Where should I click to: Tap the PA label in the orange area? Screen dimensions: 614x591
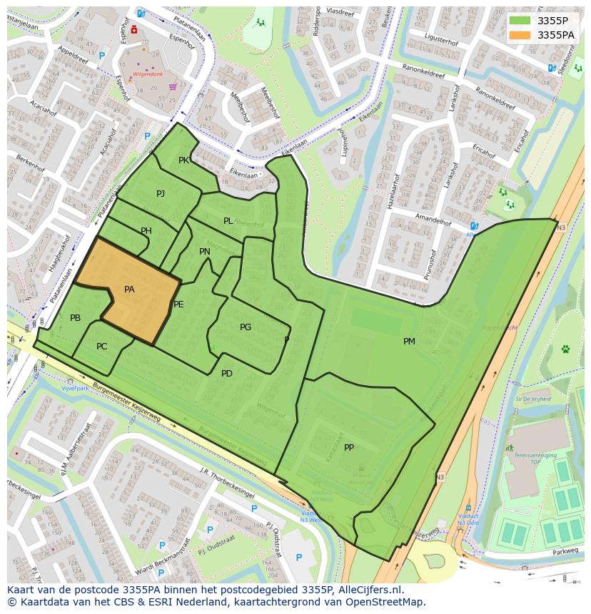pos(129,290)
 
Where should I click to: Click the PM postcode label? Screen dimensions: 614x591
pos(409,342)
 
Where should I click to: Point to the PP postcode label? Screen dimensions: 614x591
pos(349,448)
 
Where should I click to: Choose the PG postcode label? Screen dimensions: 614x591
pos(246,327)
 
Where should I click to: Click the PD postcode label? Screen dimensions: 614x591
pos(227,374)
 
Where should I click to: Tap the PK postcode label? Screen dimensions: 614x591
pos(183,160)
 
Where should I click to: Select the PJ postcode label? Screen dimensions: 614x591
pos(161,194)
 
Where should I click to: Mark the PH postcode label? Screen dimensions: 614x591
pos(146,231)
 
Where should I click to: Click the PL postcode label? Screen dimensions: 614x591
pos(228,221)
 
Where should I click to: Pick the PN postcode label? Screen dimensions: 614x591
pos(205,252)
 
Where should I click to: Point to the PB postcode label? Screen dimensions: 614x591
pos(76,318)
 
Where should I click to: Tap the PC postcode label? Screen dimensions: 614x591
pos(101,347)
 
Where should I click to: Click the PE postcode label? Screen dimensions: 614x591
pos(178,305)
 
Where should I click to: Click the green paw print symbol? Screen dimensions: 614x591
pos(565,349)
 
